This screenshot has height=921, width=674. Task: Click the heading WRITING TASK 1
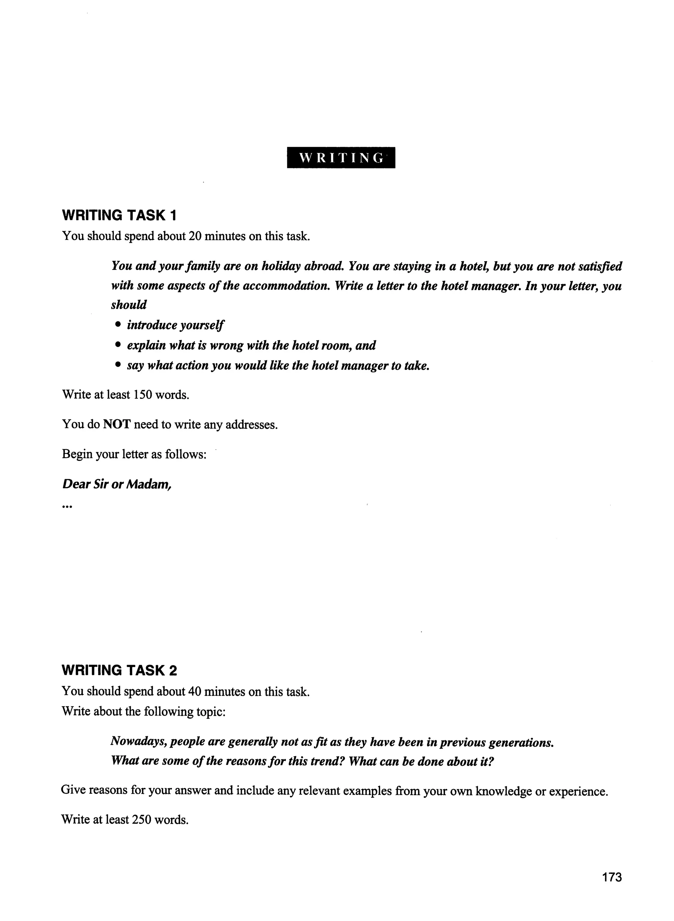tap(119, 215)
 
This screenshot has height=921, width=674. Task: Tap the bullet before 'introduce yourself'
tap(118, 325)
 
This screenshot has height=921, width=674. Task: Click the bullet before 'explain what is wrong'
tap(118, 345)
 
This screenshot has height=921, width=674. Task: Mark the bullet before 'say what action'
tap(118, 366)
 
